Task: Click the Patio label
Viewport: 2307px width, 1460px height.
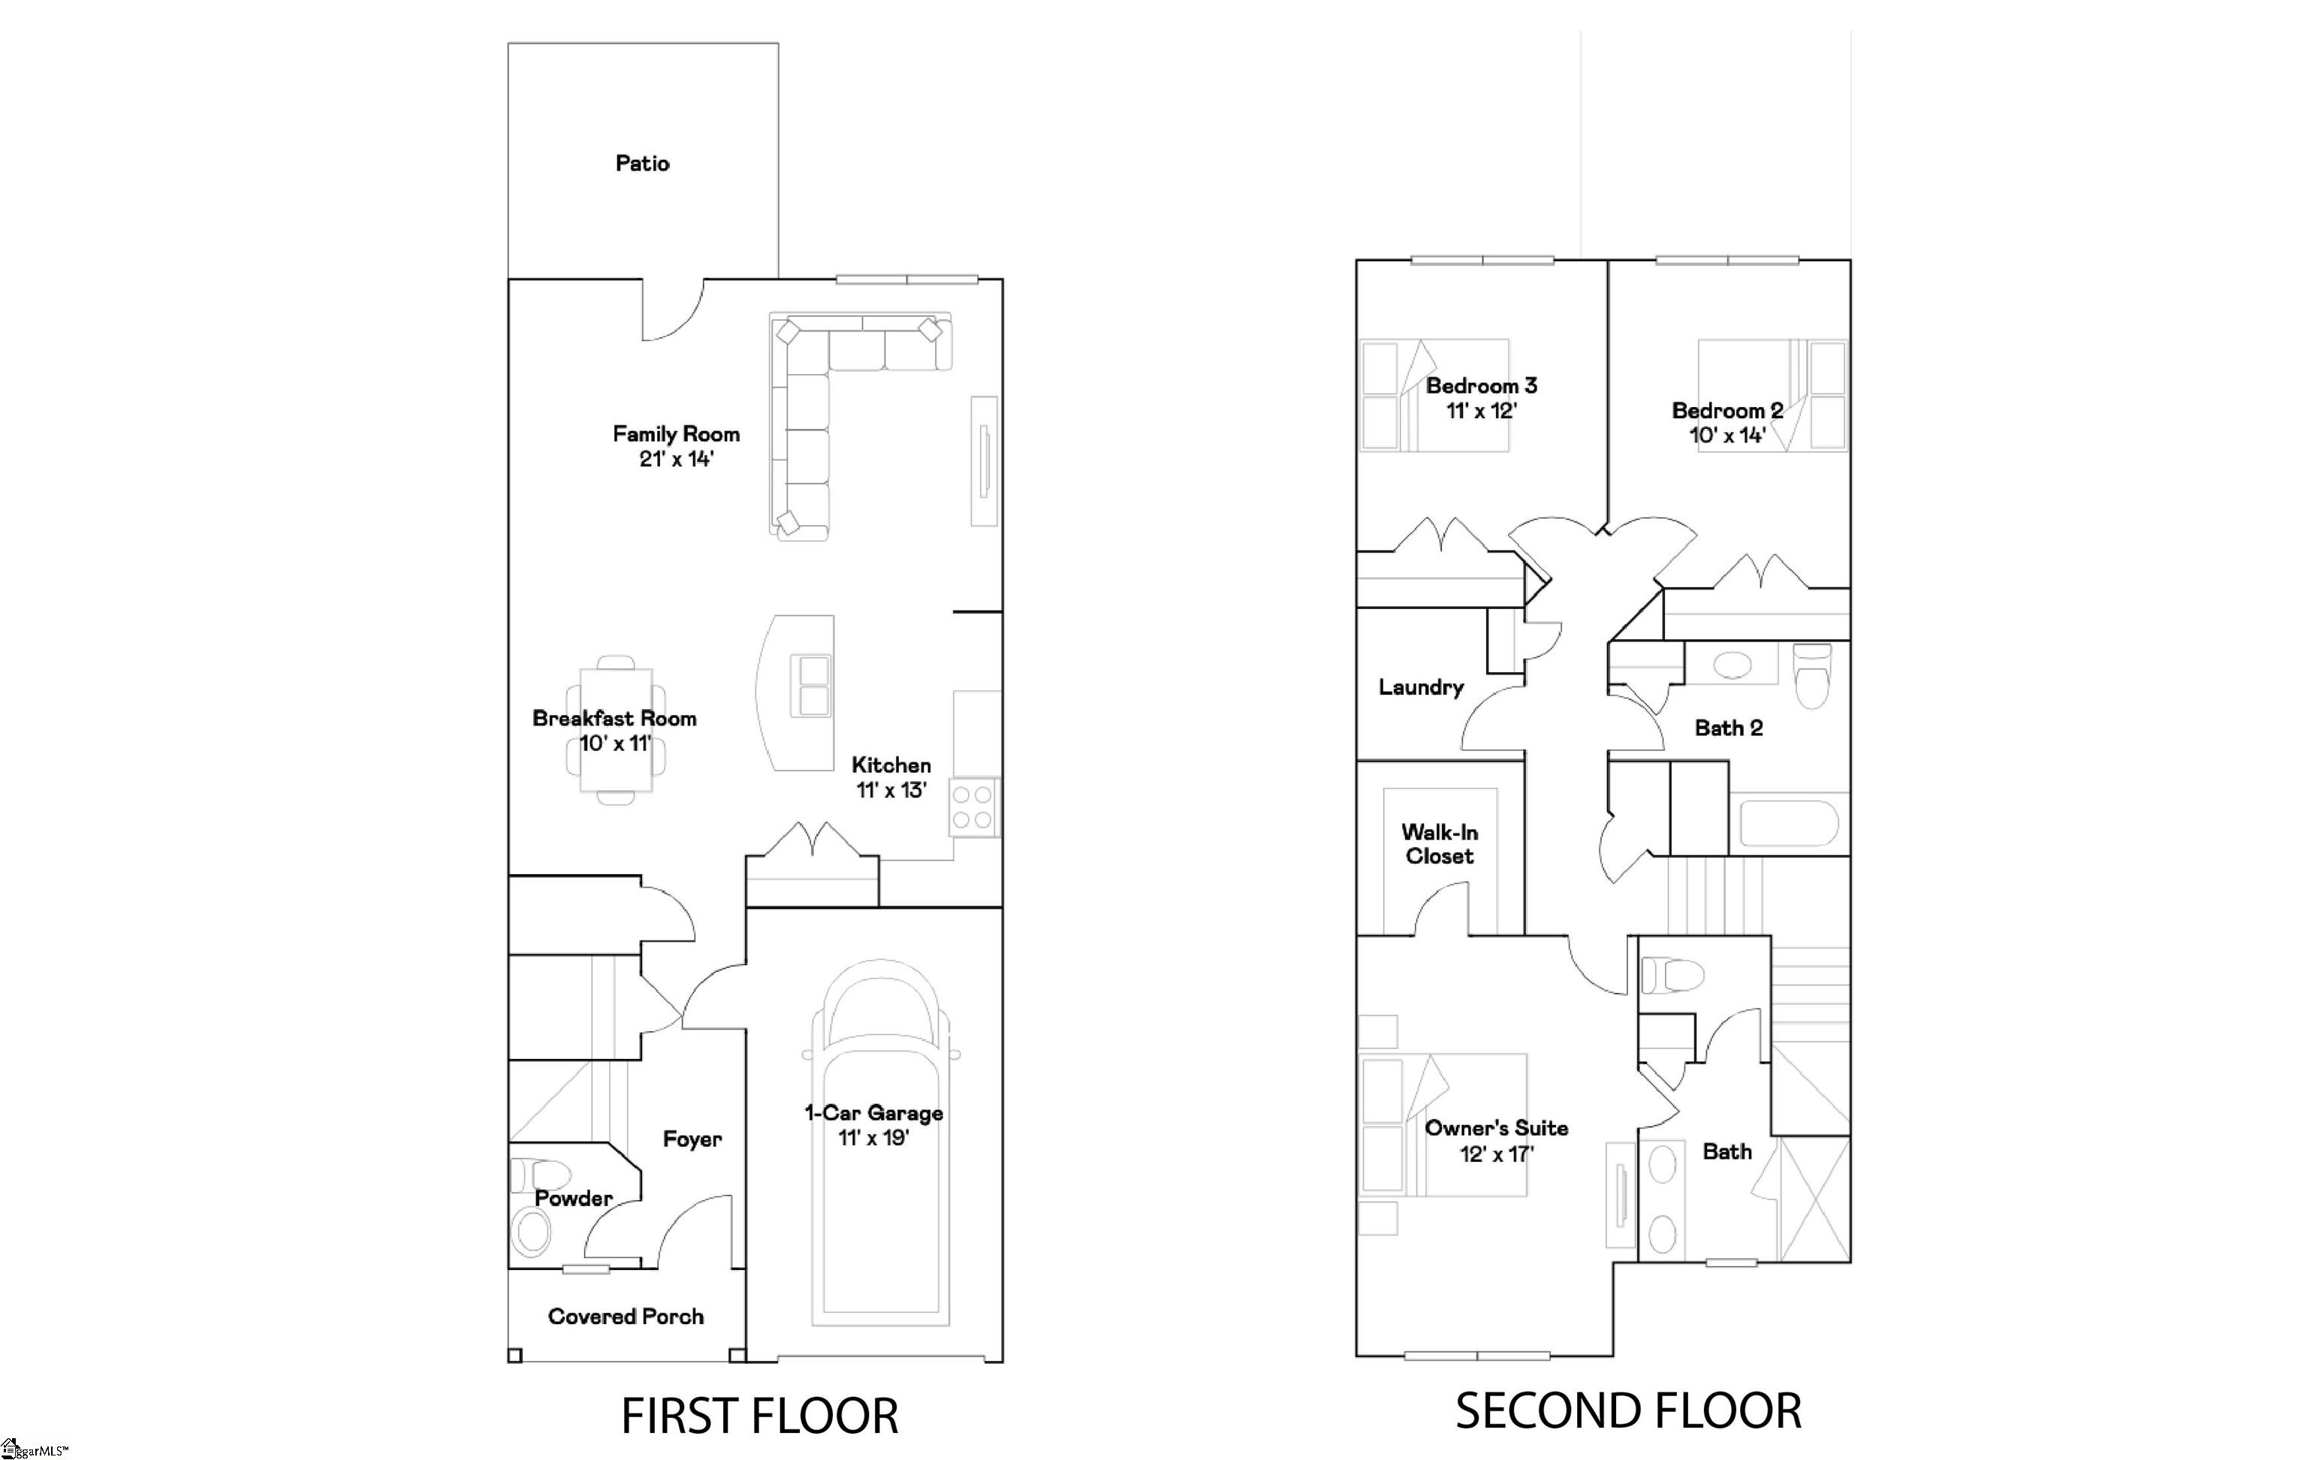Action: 642,163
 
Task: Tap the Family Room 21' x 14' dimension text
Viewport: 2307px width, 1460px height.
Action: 677,459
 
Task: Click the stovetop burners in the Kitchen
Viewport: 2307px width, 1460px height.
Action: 973,807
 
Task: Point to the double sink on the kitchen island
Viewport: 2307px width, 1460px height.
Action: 810,686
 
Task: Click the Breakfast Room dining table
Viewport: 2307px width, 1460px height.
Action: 616,730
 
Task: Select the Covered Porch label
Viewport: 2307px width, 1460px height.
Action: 626,1317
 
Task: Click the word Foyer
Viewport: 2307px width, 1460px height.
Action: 692,1139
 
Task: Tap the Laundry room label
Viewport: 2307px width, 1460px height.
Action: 1421,687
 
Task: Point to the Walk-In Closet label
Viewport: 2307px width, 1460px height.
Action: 1439,844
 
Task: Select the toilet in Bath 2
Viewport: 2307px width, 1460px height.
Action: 1811,674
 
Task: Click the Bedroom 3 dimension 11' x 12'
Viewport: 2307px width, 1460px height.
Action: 1481,411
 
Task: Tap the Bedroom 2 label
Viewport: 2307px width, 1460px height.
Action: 1727,410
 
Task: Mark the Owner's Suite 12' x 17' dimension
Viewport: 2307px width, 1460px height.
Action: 1497,1154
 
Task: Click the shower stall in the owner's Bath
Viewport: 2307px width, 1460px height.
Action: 1814,1199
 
